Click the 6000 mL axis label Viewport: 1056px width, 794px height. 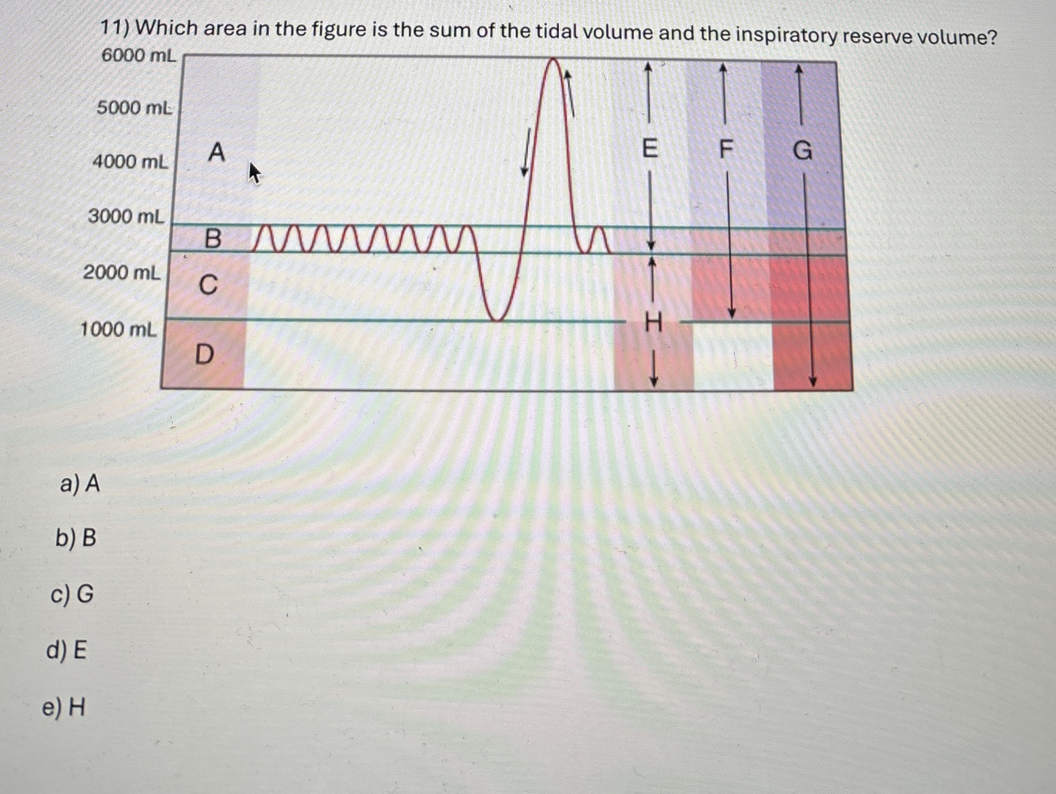pyautogui.click(x=138, y=56)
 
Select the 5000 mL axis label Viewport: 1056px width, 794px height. pyautogui.click(x=134, y=108)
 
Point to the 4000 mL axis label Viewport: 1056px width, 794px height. pyautogui.click(x=130, y=163)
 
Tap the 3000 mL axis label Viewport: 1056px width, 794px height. pyautogui.click(x=126, y=217)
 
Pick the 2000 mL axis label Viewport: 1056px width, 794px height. pyautogui.click(x=122, y=273)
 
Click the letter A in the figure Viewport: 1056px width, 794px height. pyautogui.click(x=216, y=153)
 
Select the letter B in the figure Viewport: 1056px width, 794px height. pyautogui.click(x=212, y=239)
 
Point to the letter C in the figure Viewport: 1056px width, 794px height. pyautogui.click(x=208, y=286)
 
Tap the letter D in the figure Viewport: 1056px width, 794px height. pyautogui.click(x=205, y=354)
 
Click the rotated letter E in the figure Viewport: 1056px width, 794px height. pyautogui.click(x=649, y=149)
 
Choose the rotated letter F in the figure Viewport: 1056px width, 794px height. pyautogui.click(x=725, y=151)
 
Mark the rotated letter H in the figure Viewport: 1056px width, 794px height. pyautogui.click(x=653, y=324)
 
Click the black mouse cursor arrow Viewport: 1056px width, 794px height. pyautogui.click(x=255, y=172)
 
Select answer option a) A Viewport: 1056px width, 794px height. pyautogui.click(x=80, y=485)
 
